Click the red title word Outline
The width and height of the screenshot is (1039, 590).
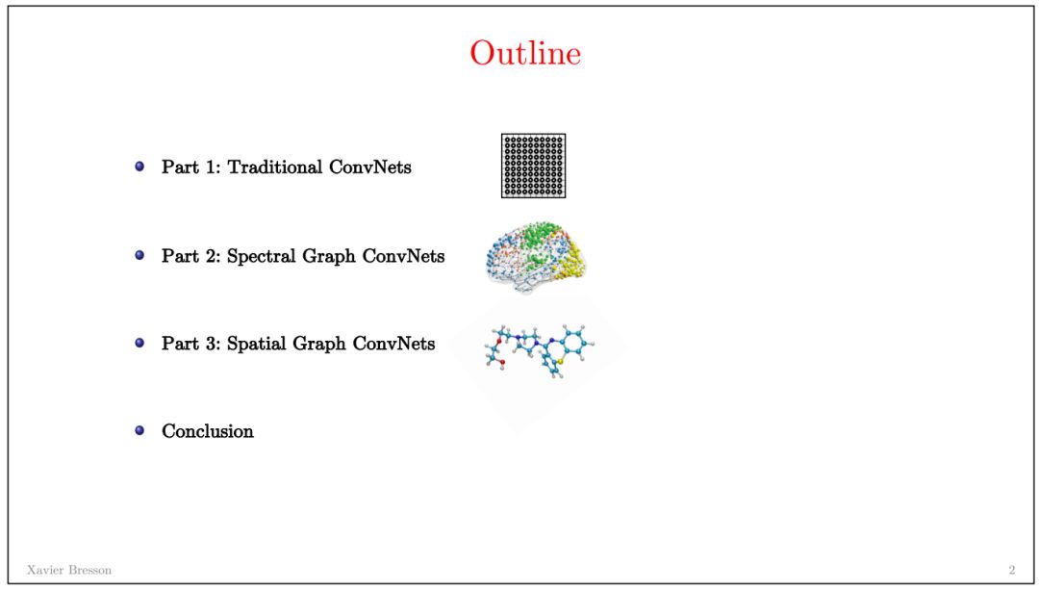tap(525, 53)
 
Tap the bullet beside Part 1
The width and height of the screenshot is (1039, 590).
tap(139, 167)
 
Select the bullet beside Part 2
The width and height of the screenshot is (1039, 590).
tap(139, 255)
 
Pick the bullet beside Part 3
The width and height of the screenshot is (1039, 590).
tap(139, 343)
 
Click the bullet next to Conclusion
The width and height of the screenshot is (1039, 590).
tap(139, 430)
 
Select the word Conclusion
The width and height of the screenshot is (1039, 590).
tap(208, 431)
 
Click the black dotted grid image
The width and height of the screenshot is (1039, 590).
tap(533, 166)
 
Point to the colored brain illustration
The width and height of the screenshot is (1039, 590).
tap(535, 256)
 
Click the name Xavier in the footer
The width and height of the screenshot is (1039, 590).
tap(42, 570)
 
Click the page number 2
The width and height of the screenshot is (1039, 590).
tap(1011, 570)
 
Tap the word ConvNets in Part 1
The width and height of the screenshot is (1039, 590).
tap(370, 167)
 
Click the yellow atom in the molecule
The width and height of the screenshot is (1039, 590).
tap(545, 367)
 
